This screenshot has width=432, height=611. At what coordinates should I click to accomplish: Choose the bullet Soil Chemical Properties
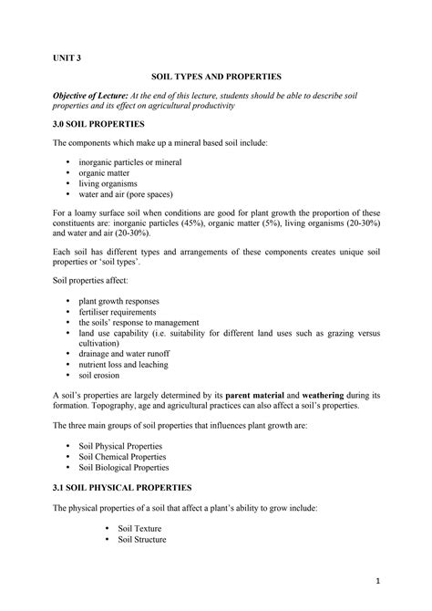(x=122, y=456)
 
